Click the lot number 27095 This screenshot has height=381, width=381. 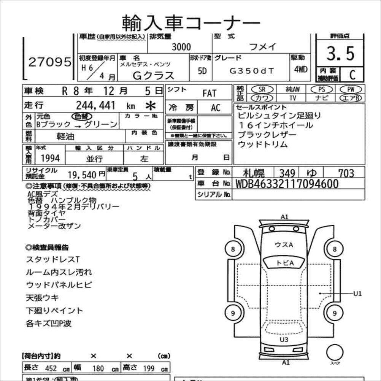pyautogui.click(x=50, y=62)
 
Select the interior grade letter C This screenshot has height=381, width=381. pyautogui.click(x=352, y=75)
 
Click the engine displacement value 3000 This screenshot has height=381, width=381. pyautogui.click(x=181, y=47)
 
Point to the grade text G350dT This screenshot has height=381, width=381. pyautogui.click(x=252, y=71)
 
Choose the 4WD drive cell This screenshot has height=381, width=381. pyautogui.click(x=301, y=70)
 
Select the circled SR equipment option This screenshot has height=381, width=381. pyautogui.click(x=262, y=89)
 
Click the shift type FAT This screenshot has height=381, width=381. pyautogui.click(x=209, y=93)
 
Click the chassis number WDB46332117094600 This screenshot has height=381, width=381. pyautogui.click(x=287, y=184)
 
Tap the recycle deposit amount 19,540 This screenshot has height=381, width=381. pyautogui.click(x=82, y=175)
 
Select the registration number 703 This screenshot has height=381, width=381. pyautogui.click(x=346, y=173)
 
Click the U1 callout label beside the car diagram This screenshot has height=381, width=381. pyautogui.click(x=357, y=294)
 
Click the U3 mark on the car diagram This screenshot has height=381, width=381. pyautogui.click(x=284, y=340)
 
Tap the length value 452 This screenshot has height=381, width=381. pyautogui.click(x=51, y=368)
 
